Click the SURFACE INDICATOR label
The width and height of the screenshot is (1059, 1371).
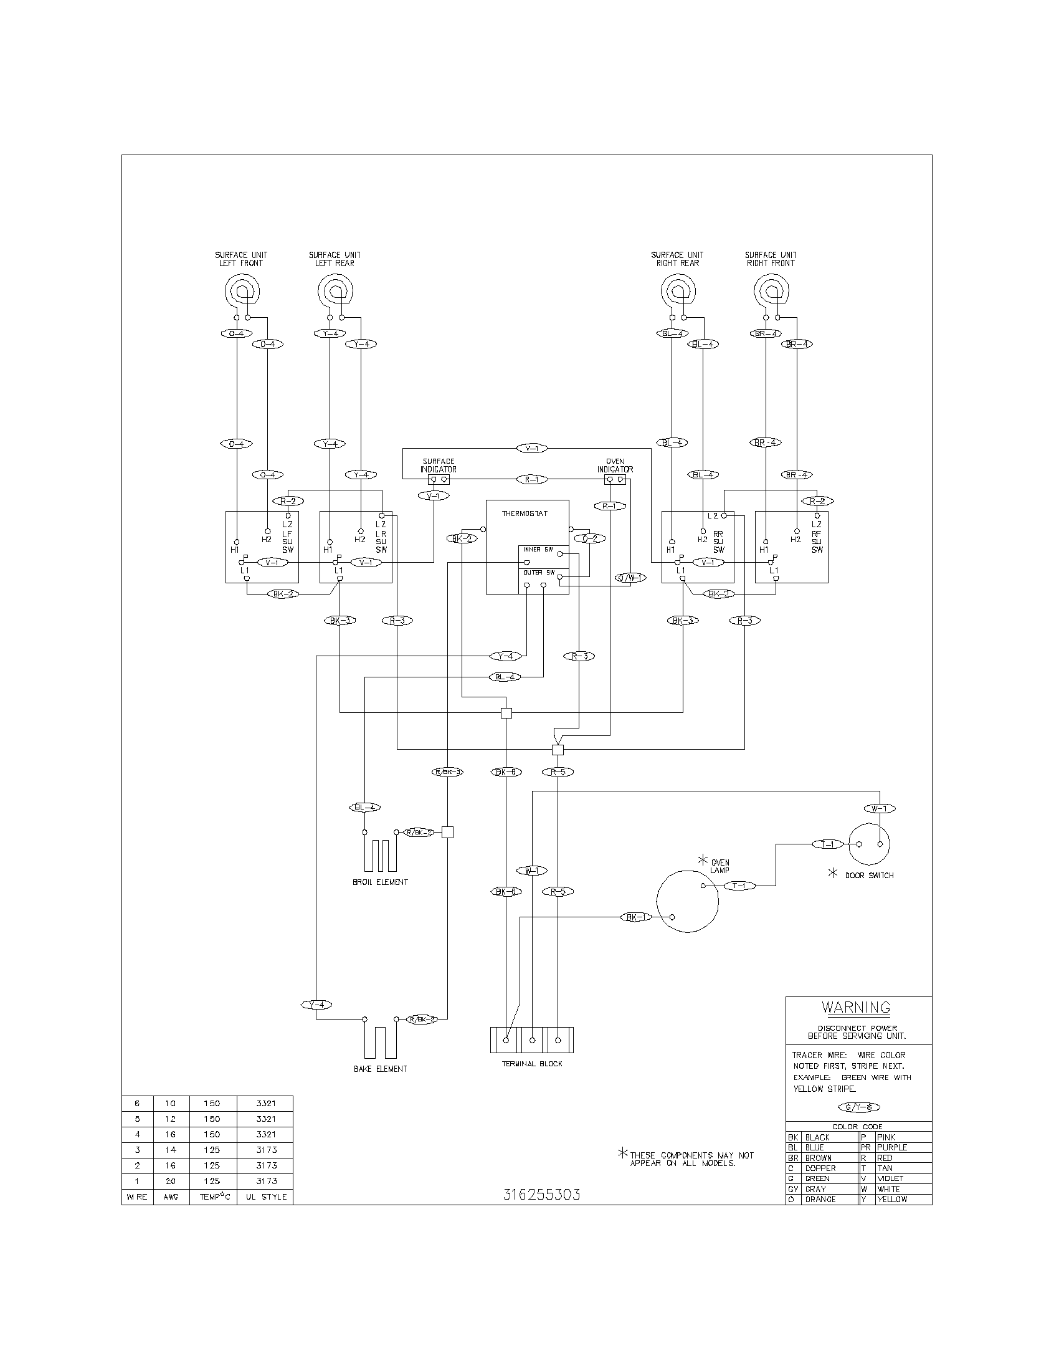439,465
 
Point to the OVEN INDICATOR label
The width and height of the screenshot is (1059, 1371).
615,465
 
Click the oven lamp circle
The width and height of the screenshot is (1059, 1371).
687,902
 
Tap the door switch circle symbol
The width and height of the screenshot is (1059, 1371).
869,844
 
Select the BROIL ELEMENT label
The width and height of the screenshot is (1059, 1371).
380,882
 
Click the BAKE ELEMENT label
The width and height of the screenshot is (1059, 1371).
380,1068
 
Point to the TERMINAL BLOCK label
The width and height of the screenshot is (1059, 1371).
532,1063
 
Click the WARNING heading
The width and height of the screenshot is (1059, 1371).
856,1008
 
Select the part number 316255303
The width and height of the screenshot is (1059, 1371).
541,1195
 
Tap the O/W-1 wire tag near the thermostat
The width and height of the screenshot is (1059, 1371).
630,578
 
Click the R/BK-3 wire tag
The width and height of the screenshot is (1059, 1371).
447,772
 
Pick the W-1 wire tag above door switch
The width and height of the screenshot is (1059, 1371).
880,808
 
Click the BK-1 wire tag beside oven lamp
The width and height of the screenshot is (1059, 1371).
635,917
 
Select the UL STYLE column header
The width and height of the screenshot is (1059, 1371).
266,1197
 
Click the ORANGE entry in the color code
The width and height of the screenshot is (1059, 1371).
820,1199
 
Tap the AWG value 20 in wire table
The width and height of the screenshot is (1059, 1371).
171,1181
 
